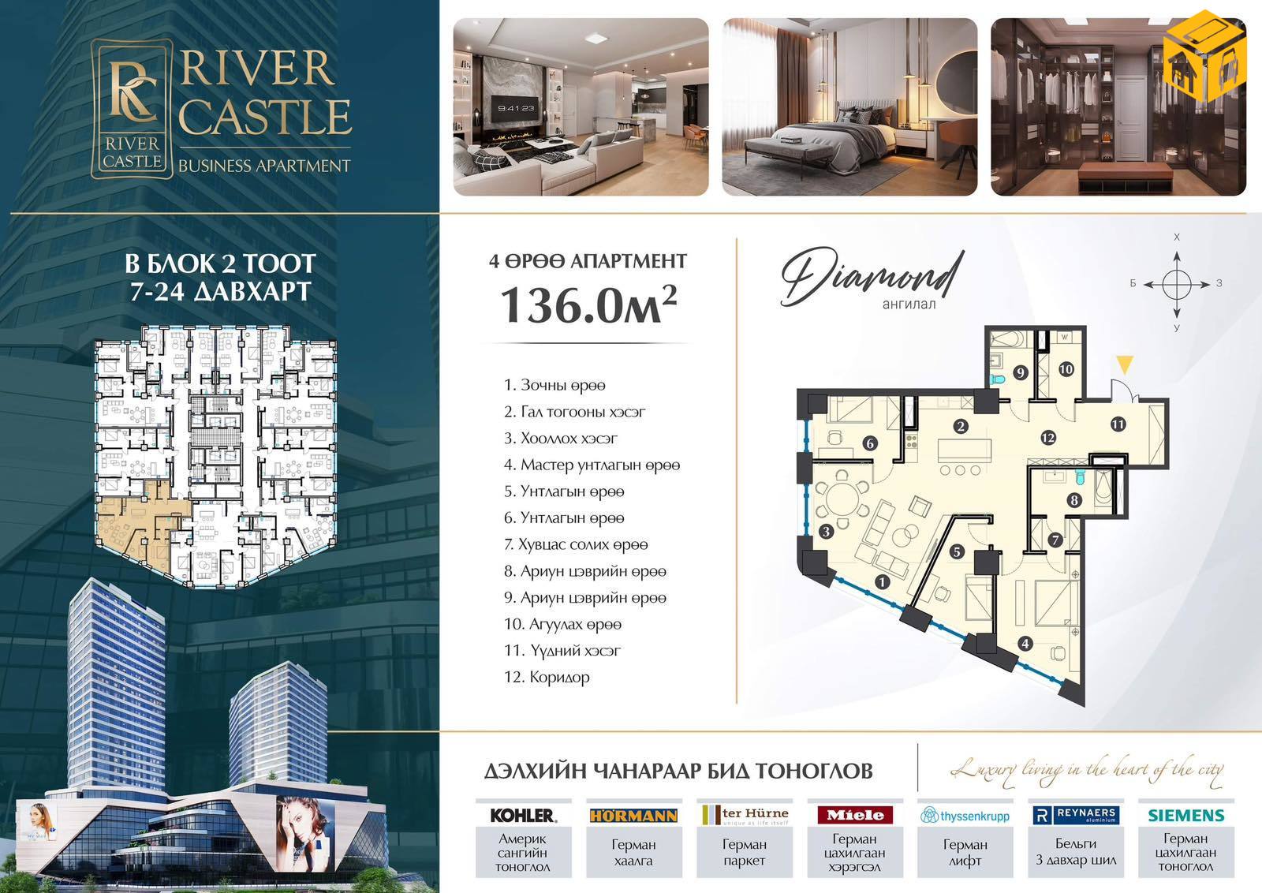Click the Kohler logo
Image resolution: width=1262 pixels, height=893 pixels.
[x=523, y=815]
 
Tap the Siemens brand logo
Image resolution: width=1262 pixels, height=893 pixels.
[x=1186, y=815]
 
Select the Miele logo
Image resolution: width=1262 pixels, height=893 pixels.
[x=855, y=815]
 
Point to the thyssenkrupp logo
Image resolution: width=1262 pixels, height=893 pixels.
[x=965, y=815]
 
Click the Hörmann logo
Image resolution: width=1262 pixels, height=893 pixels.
[x=633, y=815]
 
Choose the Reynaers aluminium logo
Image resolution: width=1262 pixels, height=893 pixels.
[x=1076, y=815]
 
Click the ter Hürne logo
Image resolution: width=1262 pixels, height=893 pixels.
[x=745, y=815]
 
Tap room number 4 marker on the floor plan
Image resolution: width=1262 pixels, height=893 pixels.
[x=1025, y=644]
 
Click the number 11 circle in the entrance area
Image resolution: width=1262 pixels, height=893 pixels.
[x=1118, y=424]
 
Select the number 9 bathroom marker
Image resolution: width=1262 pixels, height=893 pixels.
[x=1021, y=372]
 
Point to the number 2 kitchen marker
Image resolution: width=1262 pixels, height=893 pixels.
[x=961, y=427]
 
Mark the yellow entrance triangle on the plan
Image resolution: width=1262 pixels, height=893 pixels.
[x=1125, y=364]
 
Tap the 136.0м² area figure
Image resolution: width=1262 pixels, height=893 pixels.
[x=588, y=305]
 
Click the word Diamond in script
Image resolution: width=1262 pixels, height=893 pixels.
[x=872, y=277]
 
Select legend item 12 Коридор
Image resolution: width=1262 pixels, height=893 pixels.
[x=547, y=677]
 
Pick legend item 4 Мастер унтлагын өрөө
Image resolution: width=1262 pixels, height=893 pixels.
[x=592, y=465]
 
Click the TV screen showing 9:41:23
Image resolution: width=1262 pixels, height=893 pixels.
[x=516, y=109]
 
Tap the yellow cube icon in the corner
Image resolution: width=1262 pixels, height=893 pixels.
[x=1204, y=55]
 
